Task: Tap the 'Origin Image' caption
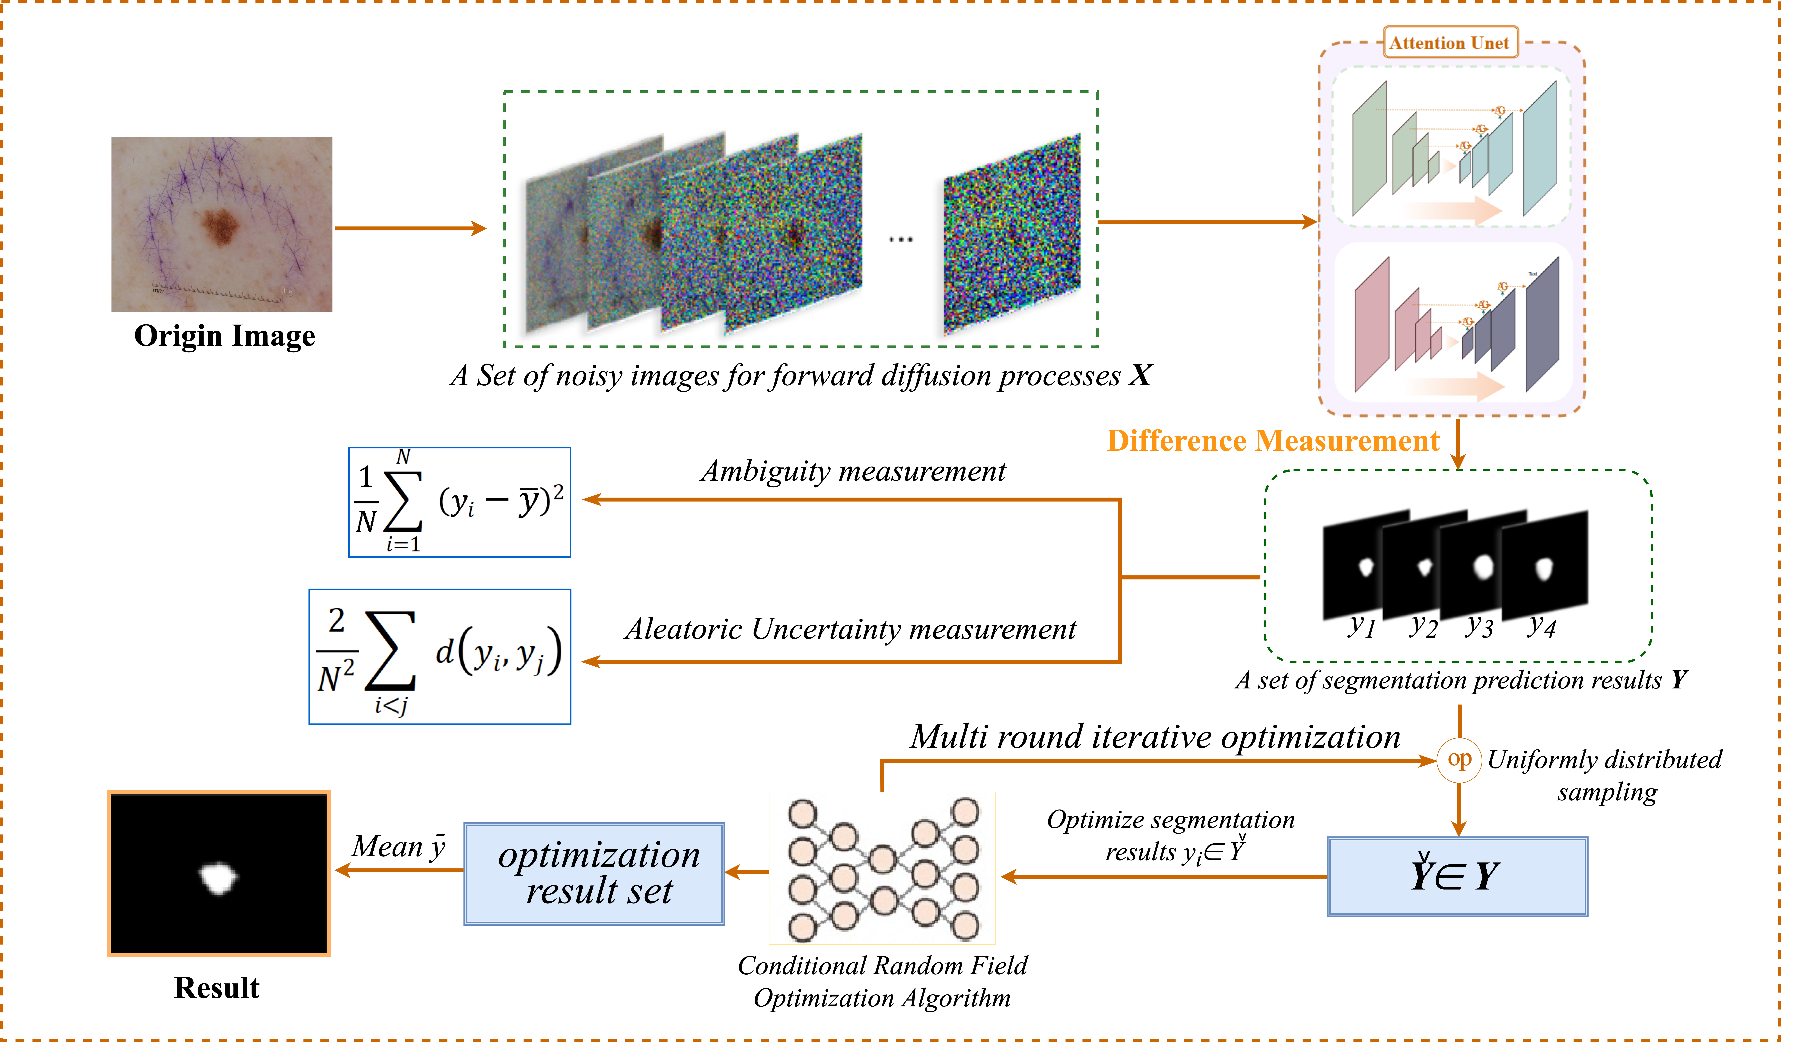224,335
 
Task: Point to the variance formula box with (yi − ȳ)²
460,502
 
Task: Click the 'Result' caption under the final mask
217,988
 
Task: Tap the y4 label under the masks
1541,626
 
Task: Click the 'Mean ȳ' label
398,847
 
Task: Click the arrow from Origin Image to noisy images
410,228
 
